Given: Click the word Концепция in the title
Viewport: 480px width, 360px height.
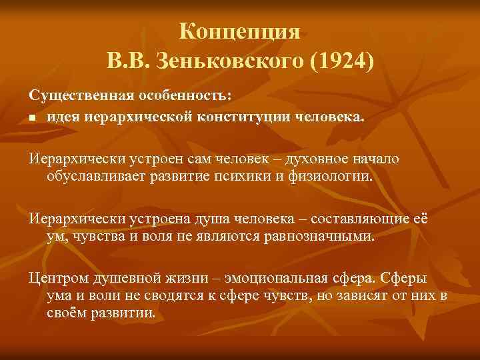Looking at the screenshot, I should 241,31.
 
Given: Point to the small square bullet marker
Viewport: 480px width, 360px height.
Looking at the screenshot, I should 32,119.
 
